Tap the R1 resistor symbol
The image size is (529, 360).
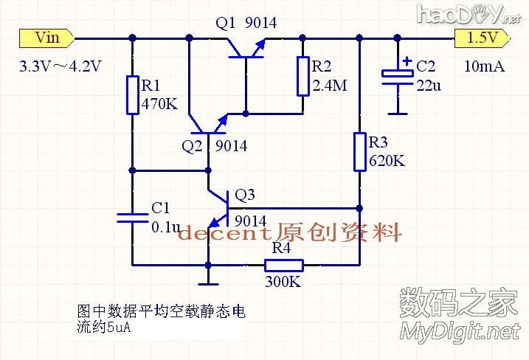point(132,94)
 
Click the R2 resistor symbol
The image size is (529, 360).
point(302,76)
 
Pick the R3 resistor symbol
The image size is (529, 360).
point(359,151)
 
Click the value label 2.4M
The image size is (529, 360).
point(329,86)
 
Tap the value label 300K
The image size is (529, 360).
point(283,281)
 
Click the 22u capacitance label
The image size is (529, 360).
point(429,86)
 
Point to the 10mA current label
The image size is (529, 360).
point(484,66)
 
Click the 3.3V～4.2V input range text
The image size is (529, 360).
point(60,66)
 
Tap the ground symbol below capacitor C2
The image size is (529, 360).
point(398,111)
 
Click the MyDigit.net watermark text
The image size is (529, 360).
point(460,332)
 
